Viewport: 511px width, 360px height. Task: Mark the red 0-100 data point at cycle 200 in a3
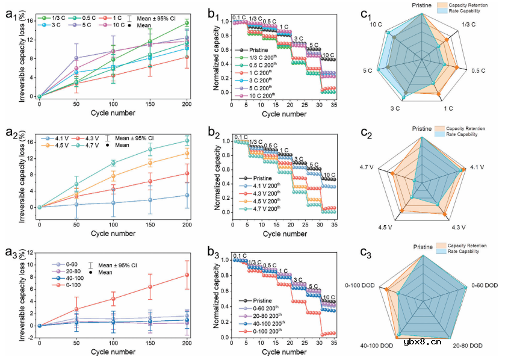(x=187, y=275)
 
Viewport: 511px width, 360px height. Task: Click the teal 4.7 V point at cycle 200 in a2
(x=187, y=141)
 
